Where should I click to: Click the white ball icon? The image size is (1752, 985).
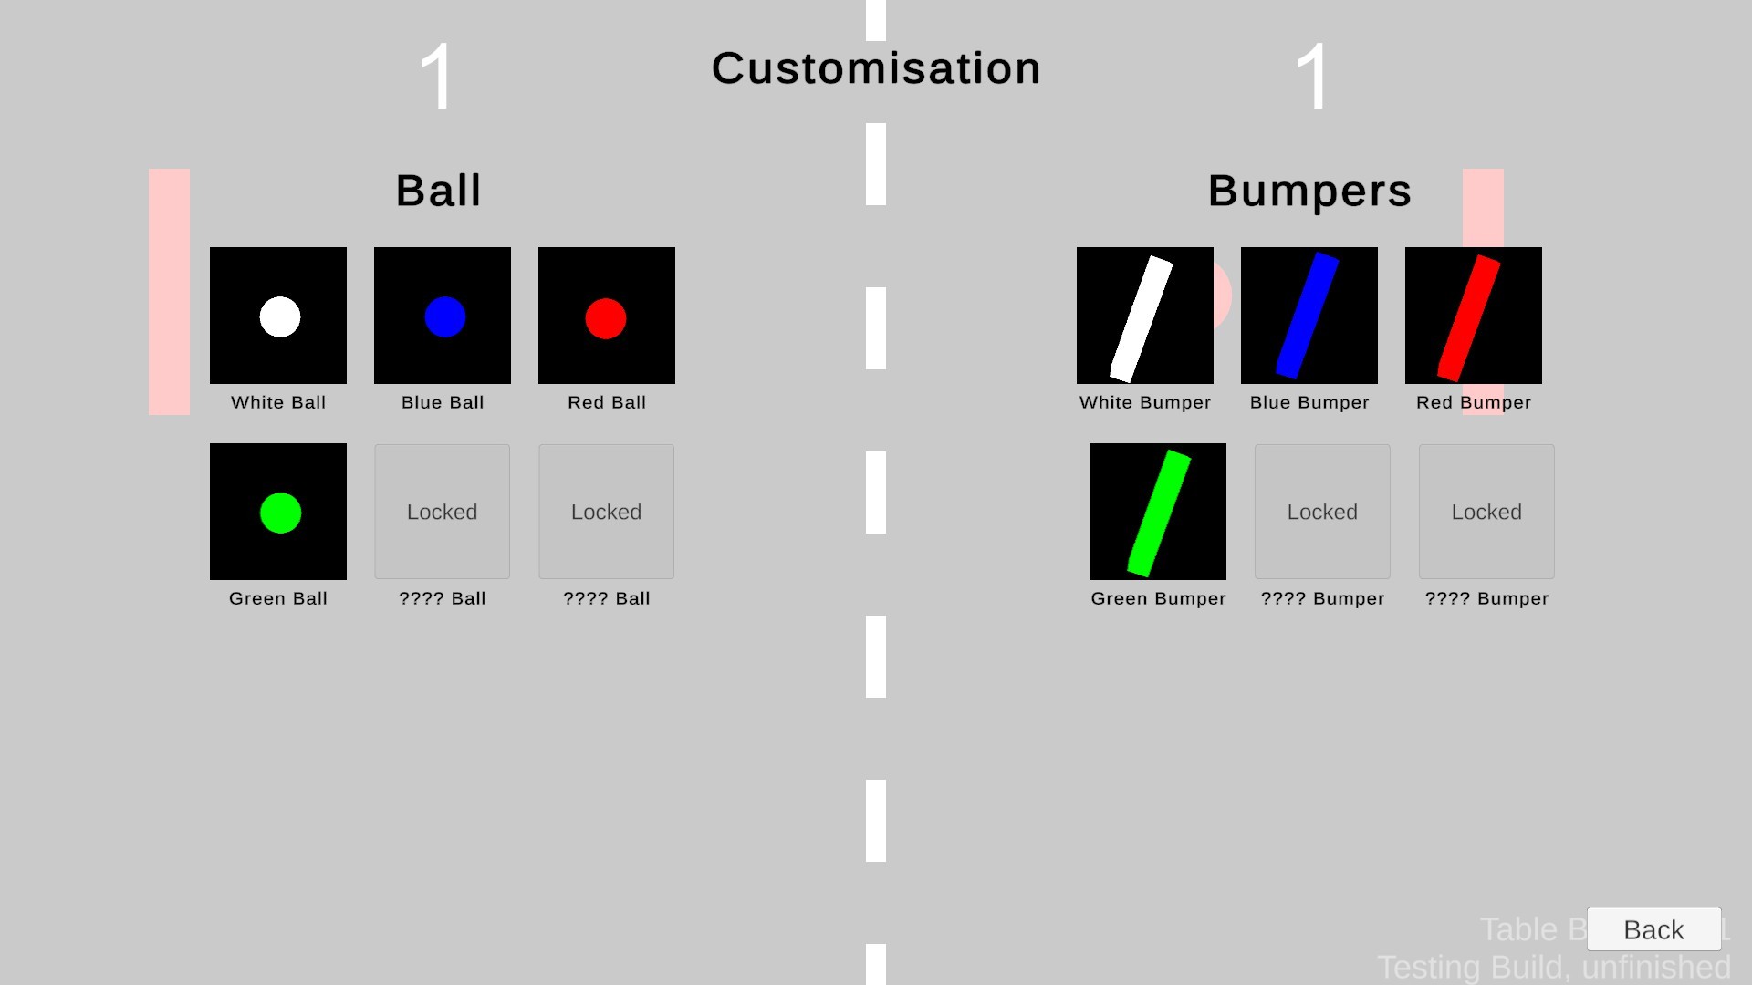click(280, 316)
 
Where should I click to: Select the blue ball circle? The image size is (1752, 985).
click(445, 316)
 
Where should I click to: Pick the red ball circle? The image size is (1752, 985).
click(606, 318)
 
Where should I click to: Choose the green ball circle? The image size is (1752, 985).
click(280, 513)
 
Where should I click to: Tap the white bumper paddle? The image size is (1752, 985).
click(1141, 318)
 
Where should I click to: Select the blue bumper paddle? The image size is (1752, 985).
click(1307, 316)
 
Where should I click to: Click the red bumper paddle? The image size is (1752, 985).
click(1469, 318)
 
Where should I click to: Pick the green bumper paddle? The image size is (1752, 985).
click(1159, 513)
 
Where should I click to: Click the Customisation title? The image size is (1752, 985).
click(876, 68)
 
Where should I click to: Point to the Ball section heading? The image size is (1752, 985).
click(438, 191)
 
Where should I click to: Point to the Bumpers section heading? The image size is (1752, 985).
click(1309, 192)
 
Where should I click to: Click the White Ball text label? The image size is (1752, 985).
click(278, 402)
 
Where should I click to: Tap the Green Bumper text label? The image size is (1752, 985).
click(1158, 598)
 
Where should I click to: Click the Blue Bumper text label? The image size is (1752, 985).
click(1309, 402)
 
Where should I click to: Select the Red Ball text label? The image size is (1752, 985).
click(607, 402)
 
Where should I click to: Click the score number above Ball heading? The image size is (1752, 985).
click(438, 78)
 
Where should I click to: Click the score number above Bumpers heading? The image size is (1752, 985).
click(1312, 78)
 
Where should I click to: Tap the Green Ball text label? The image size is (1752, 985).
click(278, 598)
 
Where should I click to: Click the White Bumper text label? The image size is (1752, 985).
click(1145, 402)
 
